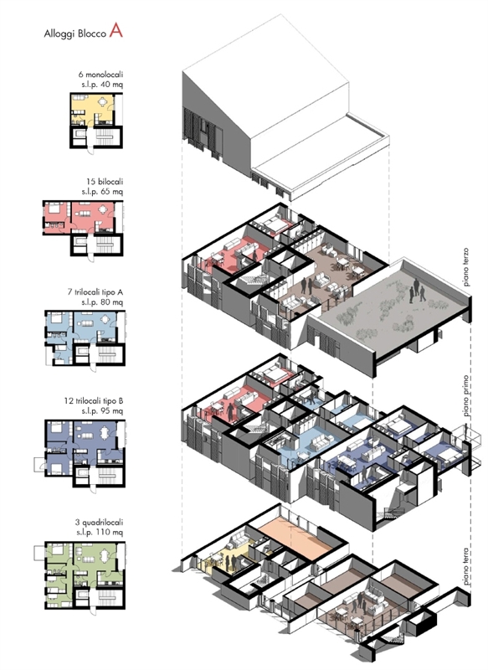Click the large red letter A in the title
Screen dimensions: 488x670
(116, 30)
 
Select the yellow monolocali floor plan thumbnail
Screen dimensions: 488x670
(96, 121)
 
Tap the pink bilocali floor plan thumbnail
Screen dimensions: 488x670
(83, 228)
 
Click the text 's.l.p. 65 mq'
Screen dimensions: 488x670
(102, 192)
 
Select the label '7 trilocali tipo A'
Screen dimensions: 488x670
(95, 292)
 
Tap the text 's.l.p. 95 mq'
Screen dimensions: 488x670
(102, 411)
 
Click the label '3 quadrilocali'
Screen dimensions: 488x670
(99, 522)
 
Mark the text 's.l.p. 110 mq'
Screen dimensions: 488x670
(100, 533)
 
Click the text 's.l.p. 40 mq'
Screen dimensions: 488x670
(102, 85)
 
